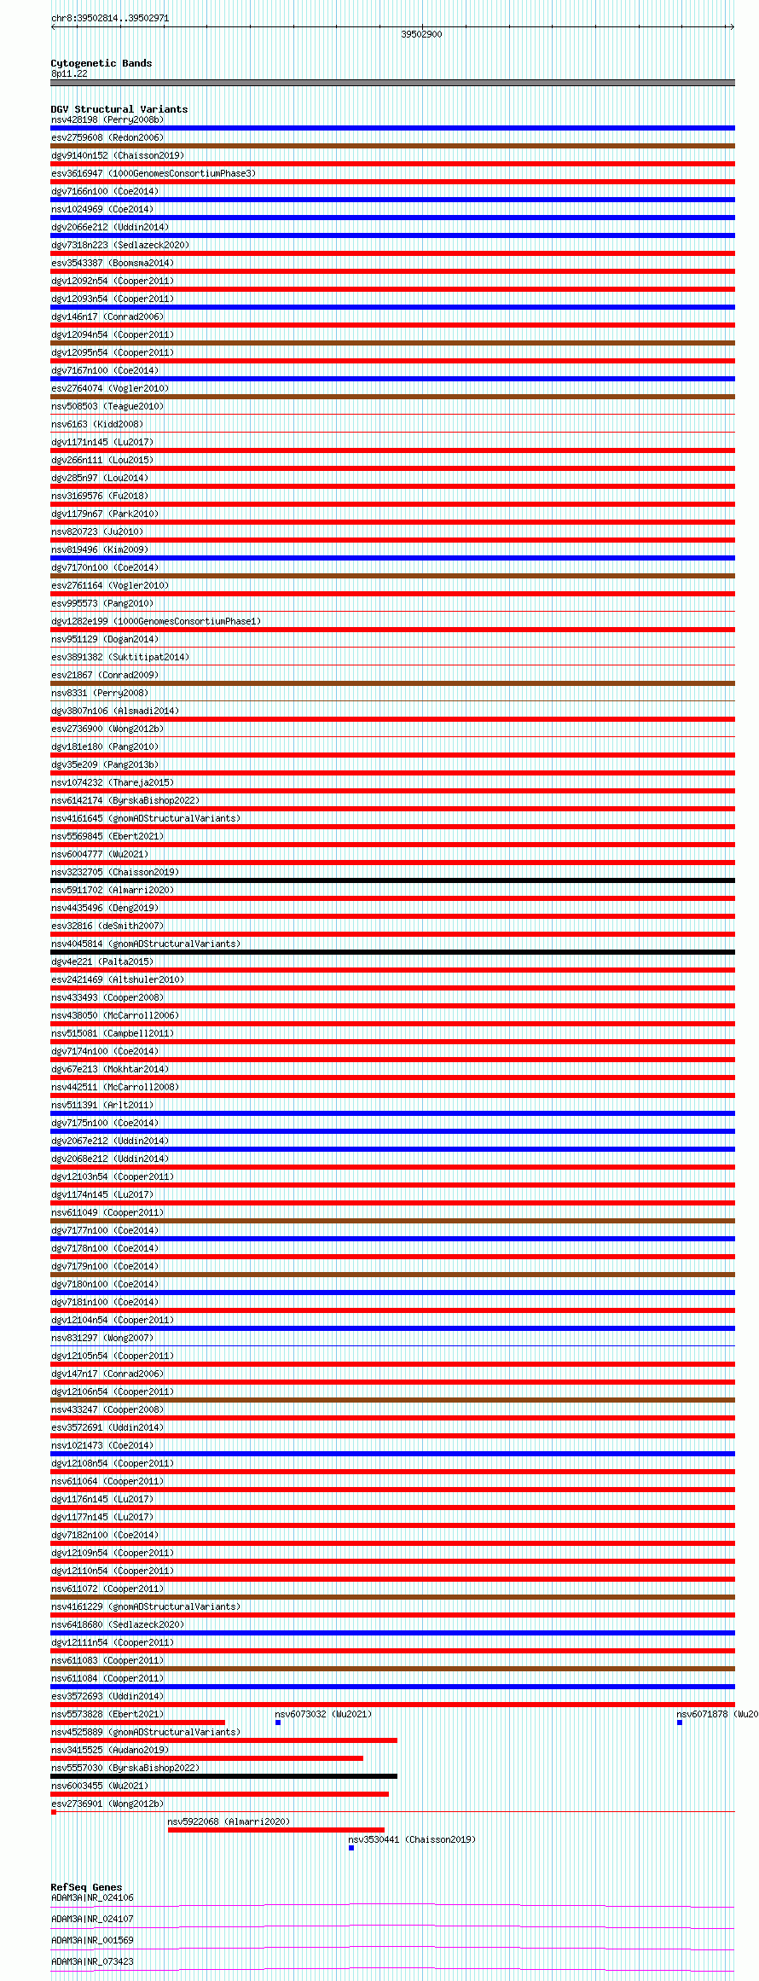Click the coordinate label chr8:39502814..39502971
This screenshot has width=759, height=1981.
tap(110, 18)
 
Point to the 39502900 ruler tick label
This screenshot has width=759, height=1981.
tap(421, 34)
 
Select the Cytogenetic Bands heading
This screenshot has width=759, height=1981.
tap(101, 63)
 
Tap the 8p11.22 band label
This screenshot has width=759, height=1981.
tap(69, 73)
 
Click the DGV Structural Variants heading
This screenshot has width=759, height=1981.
tap(119, 109)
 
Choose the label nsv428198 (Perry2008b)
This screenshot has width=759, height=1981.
tap(107, 119)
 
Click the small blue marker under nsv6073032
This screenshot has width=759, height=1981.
tap(278, 1722)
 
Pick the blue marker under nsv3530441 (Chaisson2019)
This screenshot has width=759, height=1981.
tap(351, 1848)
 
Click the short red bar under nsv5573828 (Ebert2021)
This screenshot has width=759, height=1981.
tap(137, 1722)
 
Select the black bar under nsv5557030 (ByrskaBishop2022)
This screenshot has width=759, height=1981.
tap(223, 1776)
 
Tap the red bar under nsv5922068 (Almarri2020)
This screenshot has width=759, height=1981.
tap(275, 1830)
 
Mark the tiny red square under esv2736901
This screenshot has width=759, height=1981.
tap(54, 1812)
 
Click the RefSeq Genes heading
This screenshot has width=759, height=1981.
tap(86, 1887)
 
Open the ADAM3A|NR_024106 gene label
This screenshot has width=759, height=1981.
tap(92, 1897)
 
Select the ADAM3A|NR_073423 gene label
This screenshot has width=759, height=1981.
tap(92, 1961)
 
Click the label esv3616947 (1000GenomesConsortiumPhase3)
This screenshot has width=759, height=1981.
tap(154, 173)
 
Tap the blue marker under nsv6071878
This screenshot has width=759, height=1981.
tap(680, 1722)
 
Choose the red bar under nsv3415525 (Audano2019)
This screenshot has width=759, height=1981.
tap(206, 1758)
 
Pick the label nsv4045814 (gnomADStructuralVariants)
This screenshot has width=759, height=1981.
tap(146, 944)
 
